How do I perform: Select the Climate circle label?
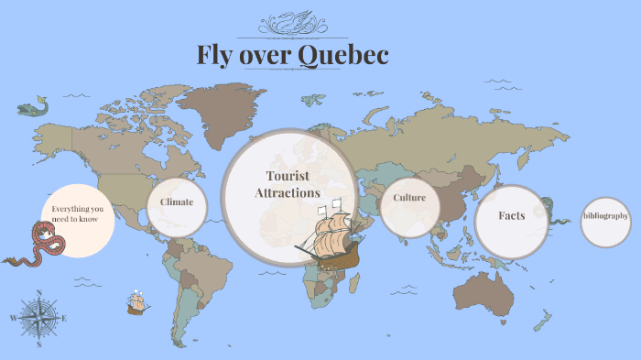pyautogui.click(x=177, y=202)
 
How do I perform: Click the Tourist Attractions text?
pyautogui.click(x=287, y=184)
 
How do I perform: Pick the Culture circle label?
pyautogui.click(x=409, y=198)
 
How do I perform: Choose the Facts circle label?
pyautogui.click(x=511, y=216)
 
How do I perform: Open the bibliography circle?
pyautogui.click(x=605, y=217)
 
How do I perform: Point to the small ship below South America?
pyautogui.click(x=138, y=302)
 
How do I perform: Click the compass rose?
pyautogui.click(x=38, y=318)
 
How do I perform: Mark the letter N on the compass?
pyautogui.click(x=38, y=293)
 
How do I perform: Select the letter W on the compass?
pyautogui.click(x=13, y=319)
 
